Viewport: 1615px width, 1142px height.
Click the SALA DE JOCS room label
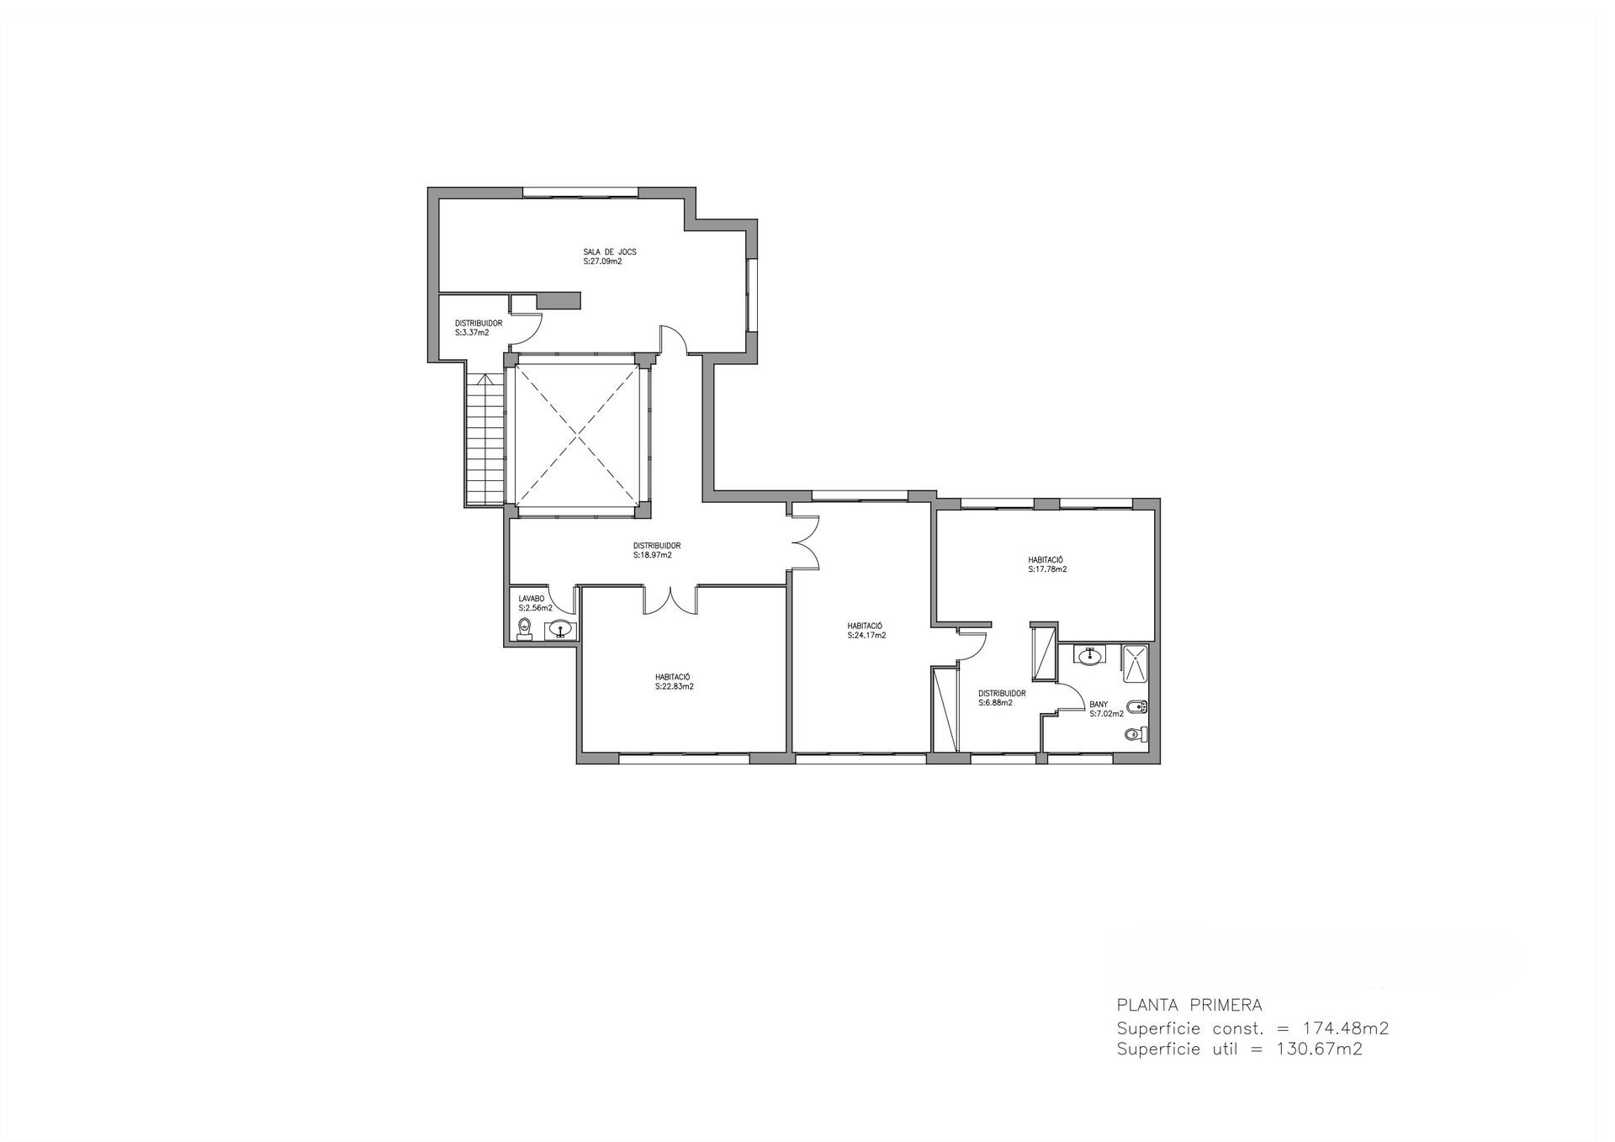[x=604, y=251]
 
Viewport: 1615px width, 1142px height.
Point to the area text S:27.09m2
[x=602, y=262]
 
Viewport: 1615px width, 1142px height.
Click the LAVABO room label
[x=532, y=599]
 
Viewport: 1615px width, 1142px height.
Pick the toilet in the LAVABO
[x=526, y=628]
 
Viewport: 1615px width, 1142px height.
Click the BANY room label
[x=1099, y=705]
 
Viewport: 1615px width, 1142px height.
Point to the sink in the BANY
[x=1091, y=654]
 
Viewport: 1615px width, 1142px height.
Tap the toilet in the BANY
[x=1136, y=735]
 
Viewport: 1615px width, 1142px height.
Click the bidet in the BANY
[x=1140, y=706]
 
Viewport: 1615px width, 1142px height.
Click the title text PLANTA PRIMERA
[x=1189, y=1004]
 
